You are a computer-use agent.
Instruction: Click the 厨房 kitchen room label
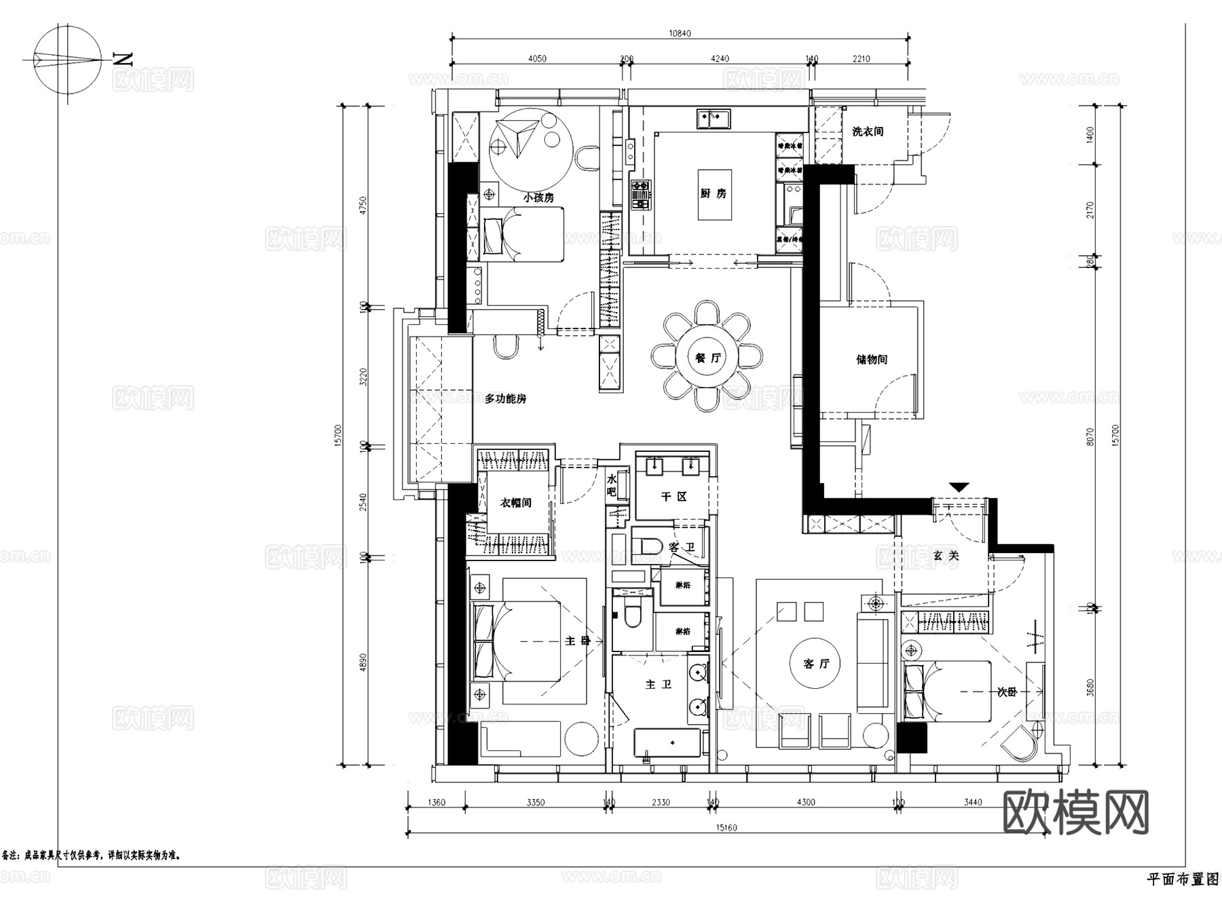tap(714, 193)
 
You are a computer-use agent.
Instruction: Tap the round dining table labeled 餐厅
tap(707, 358)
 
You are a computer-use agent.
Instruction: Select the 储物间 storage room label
tap(871, 359)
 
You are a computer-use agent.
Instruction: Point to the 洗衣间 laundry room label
tap(868, 132)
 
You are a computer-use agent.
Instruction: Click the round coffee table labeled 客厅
tap(816, 663)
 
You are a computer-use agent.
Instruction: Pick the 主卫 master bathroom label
tap(658, 685)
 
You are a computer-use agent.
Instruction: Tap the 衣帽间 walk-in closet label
tap(515, 503)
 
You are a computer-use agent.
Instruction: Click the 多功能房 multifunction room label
tap(505, 399)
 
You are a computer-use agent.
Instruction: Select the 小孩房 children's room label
tap(538, 197)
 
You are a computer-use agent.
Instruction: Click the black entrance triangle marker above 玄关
tap(959, 487)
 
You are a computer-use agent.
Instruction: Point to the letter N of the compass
tap(123, 59)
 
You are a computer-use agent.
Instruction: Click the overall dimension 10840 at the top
tap(679, 33)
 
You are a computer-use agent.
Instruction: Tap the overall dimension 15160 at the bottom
tap(726, 827)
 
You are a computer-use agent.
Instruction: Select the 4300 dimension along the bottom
tap(805, 802)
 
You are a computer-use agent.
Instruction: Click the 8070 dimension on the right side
tap(1090, 436)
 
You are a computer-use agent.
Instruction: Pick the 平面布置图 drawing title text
tap(1182, 879)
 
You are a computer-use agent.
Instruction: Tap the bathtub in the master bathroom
tap(667, 743)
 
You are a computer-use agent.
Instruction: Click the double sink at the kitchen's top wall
tap(713, 119)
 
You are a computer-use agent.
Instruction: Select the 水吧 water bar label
tap(611, 485)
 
